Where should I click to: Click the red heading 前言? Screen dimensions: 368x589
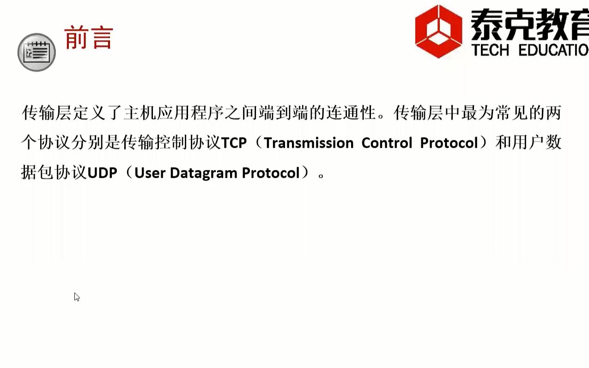click(x=89, y=38)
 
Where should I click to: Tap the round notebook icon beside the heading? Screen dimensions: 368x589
click(x=36, y=52)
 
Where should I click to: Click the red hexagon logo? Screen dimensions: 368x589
click(x=438, y=31)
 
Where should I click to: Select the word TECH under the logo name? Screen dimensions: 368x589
click(x=490, y=50)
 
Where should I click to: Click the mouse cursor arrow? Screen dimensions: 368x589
click(x=76, y=296)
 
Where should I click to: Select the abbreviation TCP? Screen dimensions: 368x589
click(x=234, y=143)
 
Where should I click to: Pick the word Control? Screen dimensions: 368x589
click(x=387, y=143)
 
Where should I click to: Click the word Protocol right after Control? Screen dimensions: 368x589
click(x=449, y=143)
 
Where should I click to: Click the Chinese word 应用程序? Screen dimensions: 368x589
click(x=190, y=113)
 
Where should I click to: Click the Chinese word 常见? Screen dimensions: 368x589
click(x=511, y=113)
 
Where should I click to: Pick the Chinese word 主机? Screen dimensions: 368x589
click(x=140, y=113)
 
